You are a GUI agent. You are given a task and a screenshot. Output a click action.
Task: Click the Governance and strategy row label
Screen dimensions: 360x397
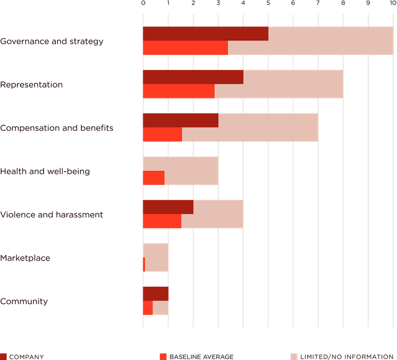(52, 41)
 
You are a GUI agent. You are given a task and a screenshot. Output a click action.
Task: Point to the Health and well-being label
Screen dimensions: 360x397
(45, 171)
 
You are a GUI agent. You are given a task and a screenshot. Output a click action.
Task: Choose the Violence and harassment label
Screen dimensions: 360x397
(52, 214)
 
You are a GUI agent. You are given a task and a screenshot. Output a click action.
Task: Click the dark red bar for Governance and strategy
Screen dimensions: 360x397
(205, 34)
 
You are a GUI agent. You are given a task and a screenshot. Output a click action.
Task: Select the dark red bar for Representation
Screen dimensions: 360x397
(192, 77)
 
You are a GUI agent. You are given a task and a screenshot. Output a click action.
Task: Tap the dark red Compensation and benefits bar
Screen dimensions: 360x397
(180, 120)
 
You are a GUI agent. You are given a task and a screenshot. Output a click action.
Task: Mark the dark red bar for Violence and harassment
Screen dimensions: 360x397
(168, 207)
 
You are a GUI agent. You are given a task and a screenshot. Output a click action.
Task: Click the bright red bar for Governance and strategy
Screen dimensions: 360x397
(185, 48)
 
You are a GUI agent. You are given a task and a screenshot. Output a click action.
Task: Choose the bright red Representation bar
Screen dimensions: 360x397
(178, 91)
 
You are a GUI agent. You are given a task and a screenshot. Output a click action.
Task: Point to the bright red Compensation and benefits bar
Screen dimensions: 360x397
(162, 135)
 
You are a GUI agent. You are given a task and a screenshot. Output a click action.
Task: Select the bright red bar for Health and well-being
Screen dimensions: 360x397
(153, 178)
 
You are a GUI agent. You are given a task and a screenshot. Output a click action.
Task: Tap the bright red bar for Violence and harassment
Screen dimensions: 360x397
(162, 221)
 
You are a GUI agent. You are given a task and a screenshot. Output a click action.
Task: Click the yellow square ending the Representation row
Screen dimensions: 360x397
(355, 84)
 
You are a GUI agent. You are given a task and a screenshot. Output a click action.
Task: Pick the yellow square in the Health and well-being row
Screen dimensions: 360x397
(230, 170)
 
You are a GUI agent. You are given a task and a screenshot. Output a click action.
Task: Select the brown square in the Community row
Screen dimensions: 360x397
(180, 293)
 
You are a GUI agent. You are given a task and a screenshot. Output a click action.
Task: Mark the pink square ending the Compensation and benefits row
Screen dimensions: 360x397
(330, 127)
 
